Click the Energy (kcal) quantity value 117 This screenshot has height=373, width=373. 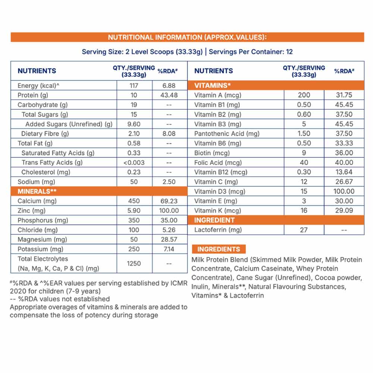point(134,85)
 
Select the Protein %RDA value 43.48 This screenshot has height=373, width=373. point(169,95)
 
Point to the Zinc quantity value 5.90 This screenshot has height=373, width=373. point(134,211)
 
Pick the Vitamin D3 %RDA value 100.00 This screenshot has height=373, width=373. point(344,191)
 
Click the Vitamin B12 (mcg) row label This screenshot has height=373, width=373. point(221,172)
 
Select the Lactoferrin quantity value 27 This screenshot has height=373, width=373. point(304,230)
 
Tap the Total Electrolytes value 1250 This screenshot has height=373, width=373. point(134,263)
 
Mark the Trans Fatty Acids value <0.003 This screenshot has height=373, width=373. point(134,162)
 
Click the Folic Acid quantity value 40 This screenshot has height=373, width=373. point(304,162)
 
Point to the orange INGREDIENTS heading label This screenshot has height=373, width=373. point(219,249)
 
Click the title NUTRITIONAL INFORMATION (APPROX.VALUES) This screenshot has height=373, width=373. point(187,37)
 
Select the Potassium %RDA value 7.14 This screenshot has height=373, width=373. point(169,249)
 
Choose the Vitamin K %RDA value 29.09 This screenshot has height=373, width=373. point(344,210)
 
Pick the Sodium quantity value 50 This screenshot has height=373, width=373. point(134,182)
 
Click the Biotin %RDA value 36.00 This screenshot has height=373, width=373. point(344,153)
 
